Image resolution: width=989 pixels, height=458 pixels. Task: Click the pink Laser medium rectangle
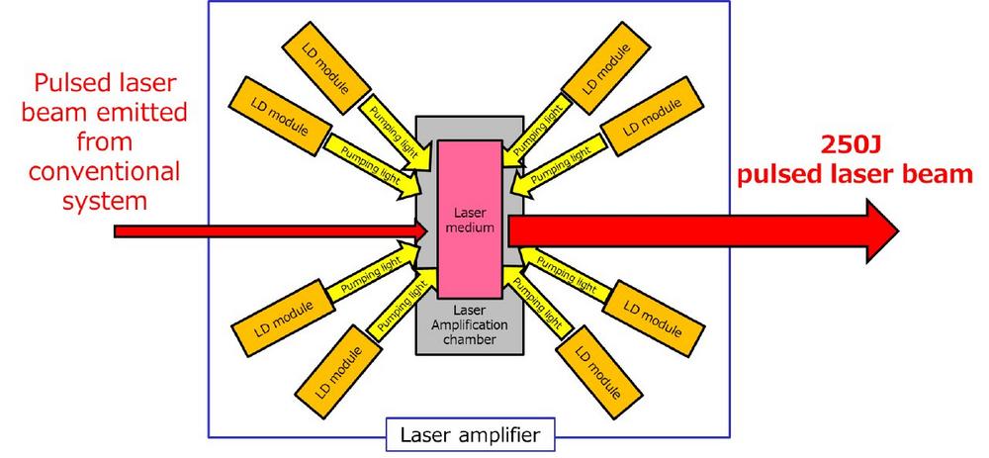click(x=471, y=219)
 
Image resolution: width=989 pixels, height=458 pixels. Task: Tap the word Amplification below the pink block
click(x=470, y=324)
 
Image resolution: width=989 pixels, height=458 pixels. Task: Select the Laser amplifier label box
click(x=470, y=434)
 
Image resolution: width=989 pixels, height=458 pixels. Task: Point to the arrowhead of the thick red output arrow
click(x=882, y=230)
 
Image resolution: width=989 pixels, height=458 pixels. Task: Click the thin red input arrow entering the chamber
click(x=271, y=231)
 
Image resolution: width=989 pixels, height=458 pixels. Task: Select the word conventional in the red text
click(x=103, y=171)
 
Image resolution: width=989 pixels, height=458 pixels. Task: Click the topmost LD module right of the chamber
click(x=605, y=68)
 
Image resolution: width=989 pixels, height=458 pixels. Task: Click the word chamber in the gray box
click(x=470, y=339)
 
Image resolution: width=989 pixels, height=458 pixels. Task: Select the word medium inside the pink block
click(x=471, y=228)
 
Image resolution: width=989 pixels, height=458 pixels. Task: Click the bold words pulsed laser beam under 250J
click(x=854, y=174)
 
